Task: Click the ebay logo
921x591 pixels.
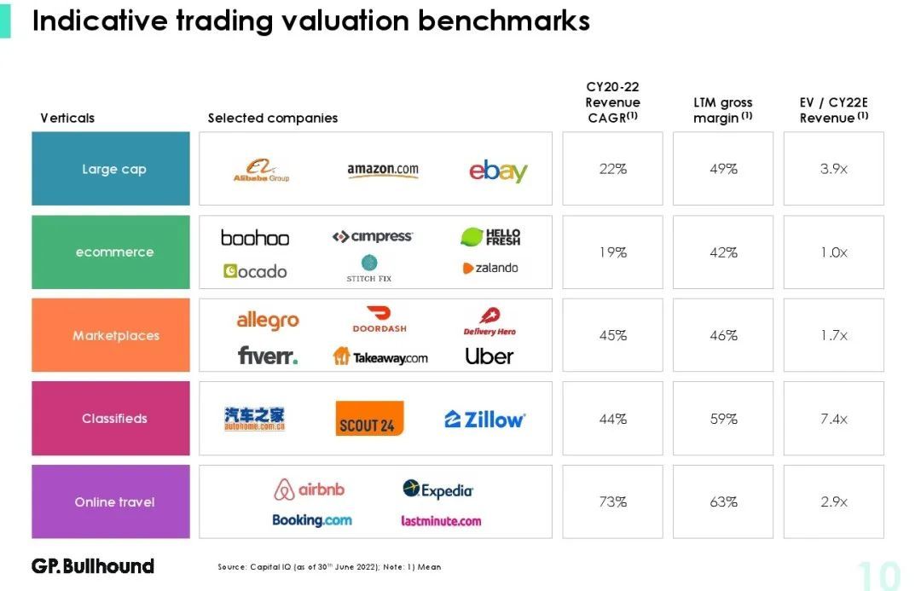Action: click(x=498, y=171)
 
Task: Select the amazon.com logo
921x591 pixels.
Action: click(x=383, y=170)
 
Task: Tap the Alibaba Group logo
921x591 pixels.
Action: click(x=261, y=171)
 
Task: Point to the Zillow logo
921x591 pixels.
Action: click(x=484, y=419)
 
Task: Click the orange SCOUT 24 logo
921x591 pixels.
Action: click(x=369, y=419)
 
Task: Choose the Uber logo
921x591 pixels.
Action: click(x=489, y=356)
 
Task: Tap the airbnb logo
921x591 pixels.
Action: click(x=310, y=490)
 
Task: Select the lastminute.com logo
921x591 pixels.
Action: click(x=441, y=520)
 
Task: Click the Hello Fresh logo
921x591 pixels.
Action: click(x=490, y=237)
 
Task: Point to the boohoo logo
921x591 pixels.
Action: click(x=255, y=238)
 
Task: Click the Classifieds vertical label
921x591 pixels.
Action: click(x=114, y=419)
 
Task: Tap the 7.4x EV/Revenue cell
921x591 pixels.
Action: click(x=833, y=419)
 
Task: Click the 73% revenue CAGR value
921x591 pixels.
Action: click(x=612, y=501)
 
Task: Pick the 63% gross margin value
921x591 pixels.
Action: click(x=723, y=501)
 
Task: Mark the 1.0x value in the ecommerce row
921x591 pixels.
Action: click(x=833, y=252)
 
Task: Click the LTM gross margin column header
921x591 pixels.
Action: click(x=723, y=110)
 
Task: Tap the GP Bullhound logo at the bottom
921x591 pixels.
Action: click(x=93, y=565)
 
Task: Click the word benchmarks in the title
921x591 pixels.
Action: click(x=504, y=20)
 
